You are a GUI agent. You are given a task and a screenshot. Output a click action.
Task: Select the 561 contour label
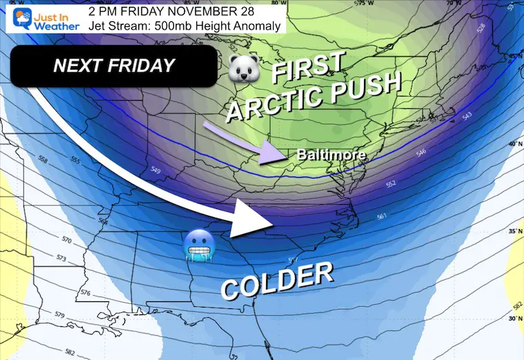pos(383,218)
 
